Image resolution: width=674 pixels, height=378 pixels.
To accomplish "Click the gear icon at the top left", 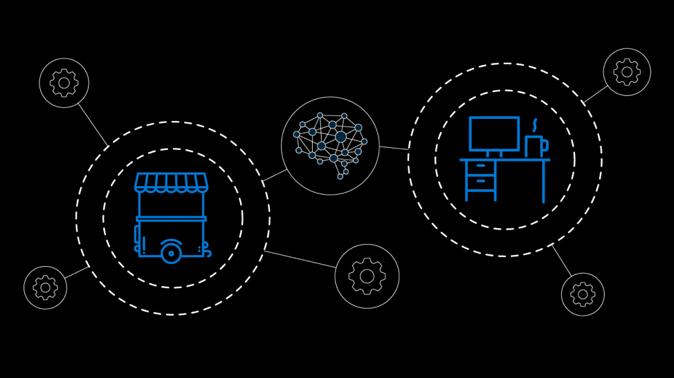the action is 64,83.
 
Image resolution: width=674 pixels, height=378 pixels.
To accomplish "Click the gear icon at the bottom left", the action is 45,287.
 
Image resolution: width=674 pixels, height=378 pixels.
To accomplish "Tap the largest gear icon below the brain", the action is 367,276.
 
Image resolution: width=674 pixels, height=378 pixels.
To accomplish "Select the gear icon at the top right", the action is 627,72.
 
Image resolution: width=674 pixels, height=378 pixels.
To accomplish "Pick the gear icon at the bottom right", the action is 583,294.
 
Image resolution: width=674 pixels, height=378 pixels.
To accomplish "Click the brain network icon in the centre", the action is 330,146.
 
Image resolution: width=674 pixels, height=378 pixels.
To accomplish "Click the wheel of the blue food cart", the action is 171,253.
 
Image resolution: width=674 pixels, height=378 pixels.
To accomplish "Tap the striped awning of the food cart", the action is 171,182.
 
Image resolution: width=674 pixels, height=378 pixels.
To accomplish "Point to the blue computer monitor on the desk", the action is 494,133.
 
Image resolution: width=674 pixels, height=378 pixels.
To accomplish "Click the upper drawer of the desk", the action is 481,167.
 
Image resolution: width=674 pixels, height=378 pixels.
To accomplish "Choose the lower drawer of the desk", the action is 481,182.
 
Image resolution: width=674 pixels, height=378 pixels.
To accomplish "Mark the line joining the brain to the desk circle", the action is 394,147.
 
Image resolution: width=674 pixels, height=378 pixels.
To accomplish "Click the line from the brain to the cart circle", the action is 275,175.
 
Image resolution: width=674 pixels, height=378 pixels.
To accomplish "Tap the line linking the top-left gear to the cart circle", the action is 93,124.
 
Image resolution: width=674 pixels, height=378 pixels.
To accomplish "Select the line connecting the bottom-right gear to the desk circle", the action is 562,261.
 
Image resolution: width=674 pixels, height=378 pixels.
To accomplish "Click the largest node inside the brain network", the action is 340,137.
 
